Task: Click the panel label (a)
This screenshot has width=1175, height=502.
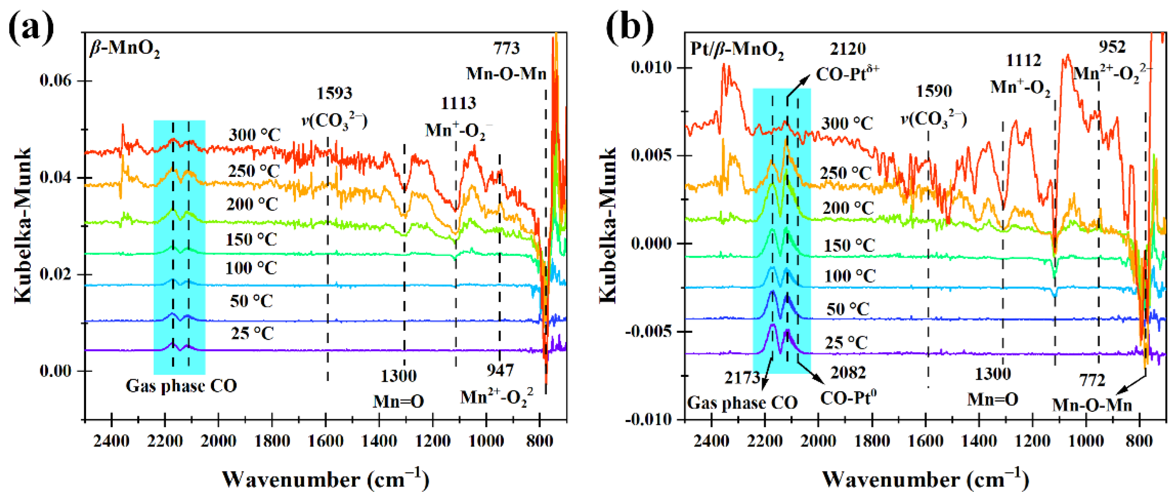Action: coord(31,28)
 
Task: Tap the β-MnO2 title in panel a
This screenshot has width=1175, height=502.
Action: coord(125,48)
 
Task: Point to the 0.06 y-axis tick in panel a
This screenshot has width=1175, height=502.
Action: coord(56,81)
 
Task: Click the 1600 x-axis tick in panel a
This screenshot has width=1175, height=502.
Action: coord(325,441)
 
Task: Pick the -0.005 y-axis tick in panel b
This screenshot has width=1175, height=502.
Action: coord(648,332)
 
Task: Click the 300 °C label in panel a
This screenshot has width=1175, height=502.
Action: coord(255,135)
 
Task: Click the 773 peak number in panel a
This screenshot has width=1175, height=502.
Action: coord(506,48)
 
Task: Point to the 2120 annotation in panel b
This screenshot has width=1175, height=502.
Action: coord(848,49)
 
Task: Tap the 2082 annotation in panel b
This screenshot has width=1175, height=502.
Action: coord(848,373)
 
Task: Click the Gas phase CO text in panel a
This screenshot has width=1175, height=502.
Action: coord(181,387)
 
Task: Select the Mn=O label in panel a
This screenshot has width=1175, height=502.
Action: coord(398,402)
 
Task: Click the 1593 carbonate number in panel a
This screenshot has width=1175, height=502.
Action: coord(334,94)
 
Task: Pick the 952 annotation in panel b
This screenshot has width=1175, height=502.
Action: coord(1112,47)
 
